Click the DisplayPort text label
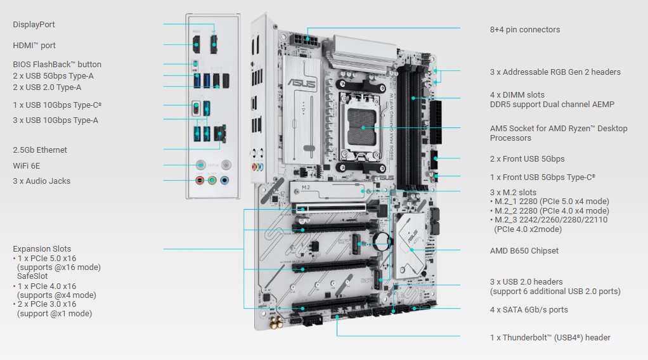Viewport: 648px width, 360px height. [34, 24]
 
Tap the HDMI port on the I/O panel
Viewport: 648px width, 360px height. [197, 44]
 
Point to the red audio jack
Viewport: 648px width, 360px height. [200, 180]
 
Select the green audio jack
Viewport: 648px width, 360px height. [212, 180]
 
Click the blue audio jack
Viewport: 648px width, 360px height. [224, 180]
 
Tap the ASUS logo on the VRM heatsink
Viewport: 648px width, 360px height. [302, 82]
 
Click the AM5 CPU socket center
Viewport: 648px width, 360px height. [363, 127]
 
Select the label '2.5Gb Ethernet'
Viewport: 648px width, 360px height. [40, 150]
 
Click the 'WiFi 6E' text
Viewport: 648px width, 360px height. [27, 166]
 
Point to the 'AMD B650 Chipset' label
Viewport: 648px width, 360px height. [524, 251]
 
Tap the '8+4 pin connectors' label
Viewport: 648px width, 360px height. [525, 30]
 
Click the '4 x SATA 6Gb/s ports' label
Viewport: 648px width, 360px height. [529, 309]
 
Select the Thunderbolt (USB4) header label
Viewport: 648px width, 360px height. [550, 338]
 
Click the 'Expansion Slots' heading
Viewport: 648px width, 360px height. [42, 249]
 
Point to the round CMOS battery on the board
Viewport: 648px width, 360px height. [382, 240]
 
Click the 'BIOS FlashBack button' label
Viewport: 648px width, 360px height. [57, 65]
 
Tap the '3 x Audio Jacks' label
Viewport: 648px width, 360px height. [41, 181]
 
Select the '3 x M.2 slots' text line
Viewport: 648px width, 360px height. [513, 192]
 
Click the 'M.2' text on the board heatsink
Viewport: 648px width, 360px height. [306, 187]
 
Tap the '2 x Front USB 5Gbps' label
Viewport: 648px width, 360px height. [527, 158]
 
